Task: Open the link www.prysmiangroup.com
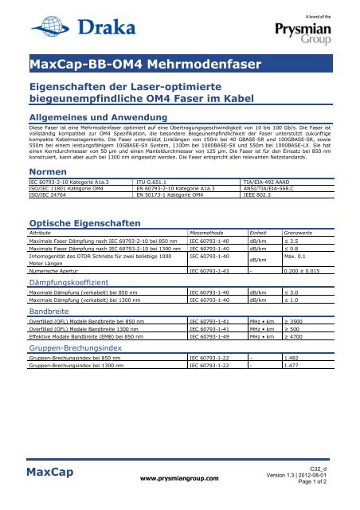click(180, 479)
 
